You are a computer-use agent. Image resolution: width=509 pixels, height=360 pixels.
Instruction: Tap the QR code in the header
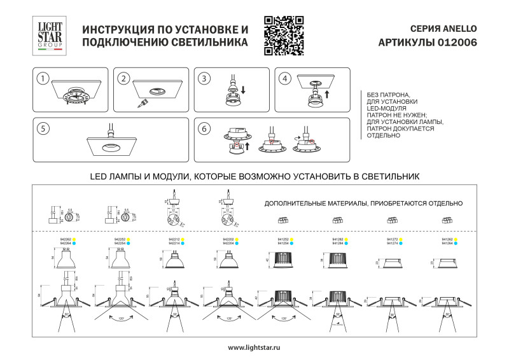tap(283, 36)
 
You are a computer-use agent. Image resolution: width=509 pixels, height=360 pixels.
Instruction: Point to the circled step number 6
tap(204, 128)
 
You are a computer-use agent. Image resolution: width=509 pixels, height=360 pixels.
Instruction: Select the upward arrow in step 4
tap(326, 94)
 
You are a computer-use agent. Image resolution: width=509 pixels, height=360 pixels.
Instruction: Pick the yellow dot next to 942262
tap(74, 240)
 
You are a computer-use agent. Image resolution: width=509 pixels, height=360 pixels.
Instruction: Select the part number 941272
tap(391, 240)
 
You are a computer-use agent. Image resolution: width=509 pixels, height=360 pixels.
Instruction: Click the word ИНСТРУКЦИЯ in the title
tap(122, 30)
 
